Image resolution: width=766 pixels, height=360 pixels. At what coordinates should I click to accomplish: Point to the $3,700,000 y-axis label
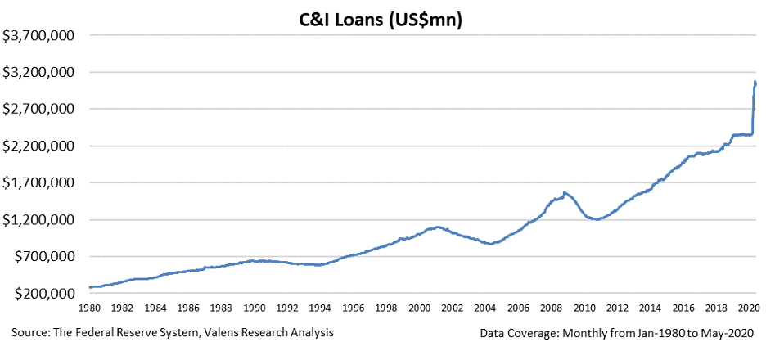click(39, 36)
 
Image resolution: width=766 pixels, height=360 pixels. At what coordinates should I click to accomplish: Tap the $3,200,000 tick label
click(39, 72)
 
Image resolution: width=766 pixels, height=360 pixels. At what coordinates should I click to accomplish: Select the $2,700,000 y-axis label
click(39, 109)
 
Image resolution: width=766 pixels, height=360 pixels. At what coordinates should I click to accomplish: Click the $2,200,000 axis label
click(39, 146)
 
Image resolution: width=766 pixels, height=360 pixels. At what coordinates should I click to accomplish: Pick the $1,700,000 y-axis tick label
click(39, 182)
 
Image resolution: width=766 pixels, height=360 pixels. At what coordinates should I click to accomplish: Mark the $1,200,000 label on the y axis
click(39, 220)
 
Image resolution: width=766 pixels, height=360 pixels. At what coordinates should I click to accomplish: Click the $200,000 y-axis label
click(45, 294)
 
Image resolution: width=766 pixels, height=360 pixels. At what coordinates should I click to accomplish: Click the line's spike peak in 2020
click(755, 82)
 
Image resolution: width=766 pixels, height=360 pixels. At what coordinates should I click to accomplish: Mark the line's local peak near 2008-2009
click(565, 192)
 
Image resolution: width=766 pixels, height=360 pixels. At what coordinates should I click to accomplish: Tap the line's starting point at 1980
click(90, 287)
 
